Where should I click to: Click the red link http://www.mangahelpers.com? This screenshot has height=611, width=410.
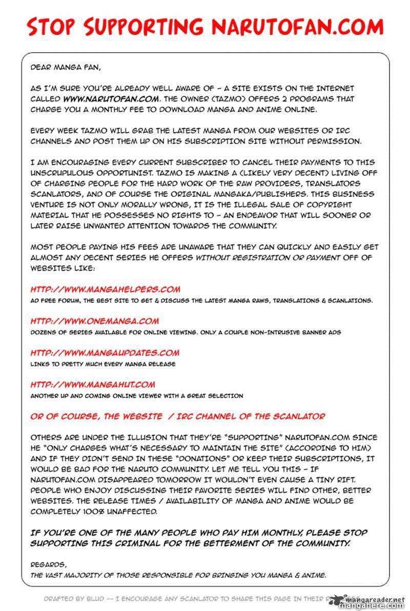coord(105,290)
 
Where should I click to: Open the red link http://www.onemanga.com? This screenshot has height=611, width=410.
coord(94,321)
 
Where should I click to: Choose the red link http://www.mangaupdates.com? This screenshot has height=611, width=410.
coord(105,353)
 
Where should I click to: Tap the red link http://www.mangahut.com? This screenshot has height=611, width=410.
coord(92,384)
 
